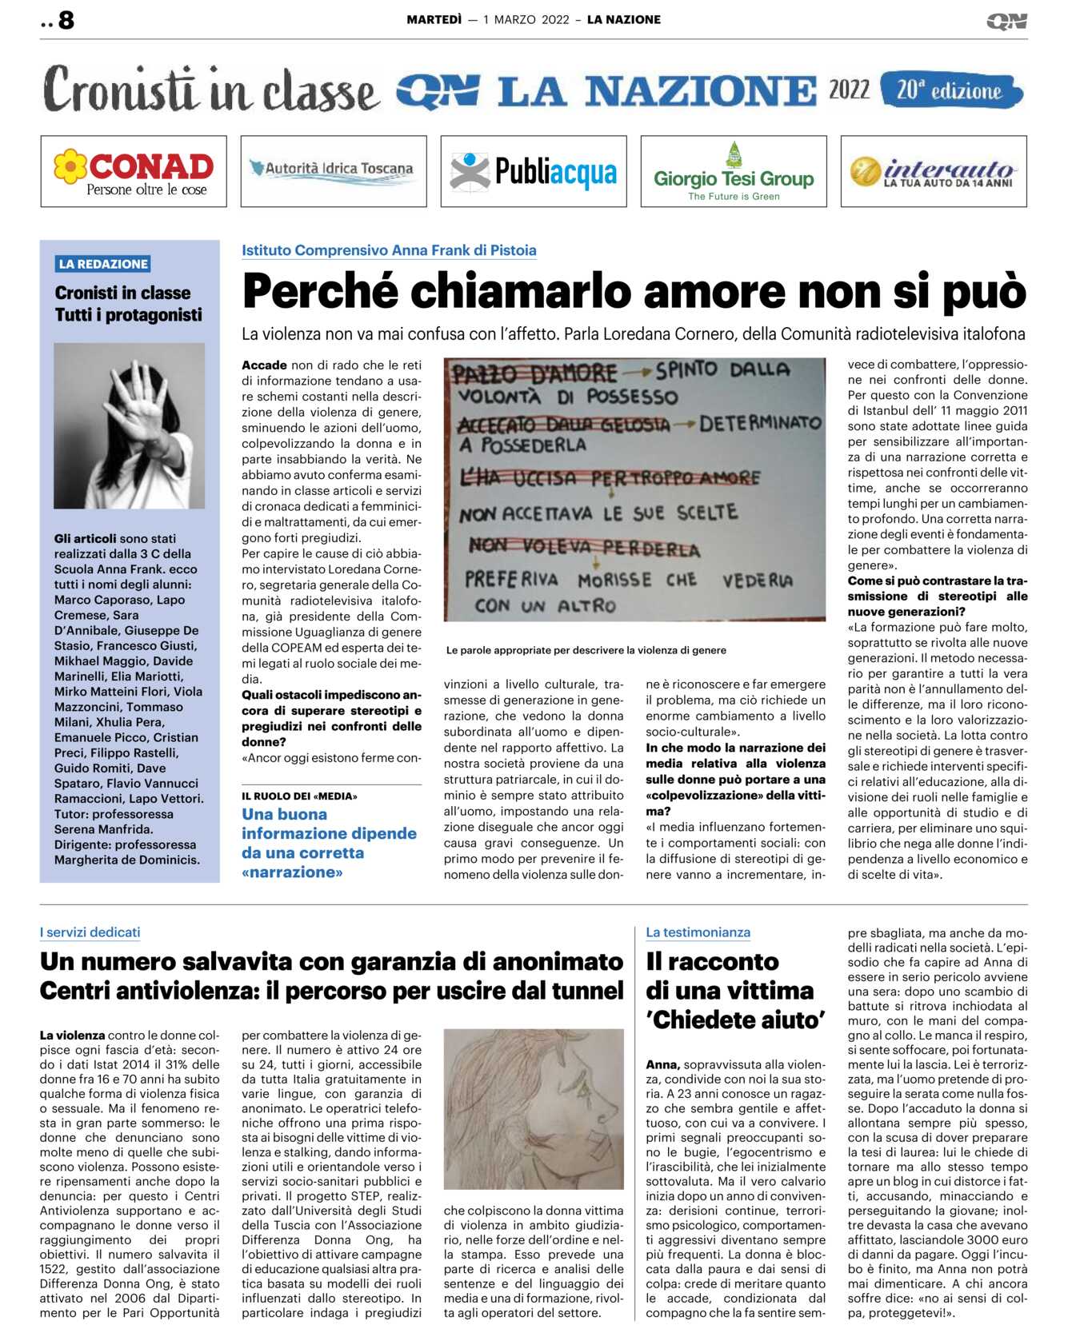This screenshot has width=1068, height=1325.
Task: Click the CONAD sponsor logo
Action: [x=134, y=171]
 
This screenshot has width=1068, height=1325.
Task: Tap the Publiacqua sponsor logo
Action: [x=534, y=171]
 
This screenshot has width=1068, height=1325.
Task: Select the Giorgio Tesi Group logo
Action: [x=734, y=171]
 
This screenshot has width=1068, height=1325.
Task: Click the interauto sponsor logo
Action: [x=934, y=171]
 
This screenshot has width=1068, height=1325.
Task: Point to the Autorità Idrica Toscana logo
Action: [x=334, y=170]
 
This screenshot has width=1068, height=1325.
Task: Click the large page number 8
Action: [x=66, y=20]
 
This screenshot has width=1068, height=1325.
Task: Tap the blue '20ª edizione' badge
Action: [x=950, y=90]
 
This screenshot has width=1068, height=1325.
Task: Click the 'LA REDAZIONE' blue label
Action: [x=103, y=264]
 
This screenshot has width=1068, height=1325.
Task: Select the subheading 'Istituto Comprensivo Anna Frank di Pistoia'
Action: [x=389, y=250]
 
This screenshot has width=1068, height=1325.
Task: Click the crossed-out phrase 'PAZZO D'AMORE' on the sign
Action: [x=534, y=373]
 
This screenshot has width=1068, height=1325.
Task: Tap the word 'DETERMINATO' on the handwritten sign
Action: [x=760, y=423]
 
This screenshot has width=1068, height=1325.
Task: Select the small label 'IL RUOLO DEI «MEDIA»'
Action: [x=299, y=796]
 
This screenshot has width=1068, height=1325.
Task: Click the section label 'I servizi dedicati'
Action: [x=90, y=932]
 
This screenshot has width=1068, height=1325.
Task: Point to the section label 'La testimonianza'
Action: [x=698, y=932]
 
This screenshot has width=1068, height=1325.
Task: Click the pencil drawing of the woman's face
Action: [x=534, y=1108]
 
